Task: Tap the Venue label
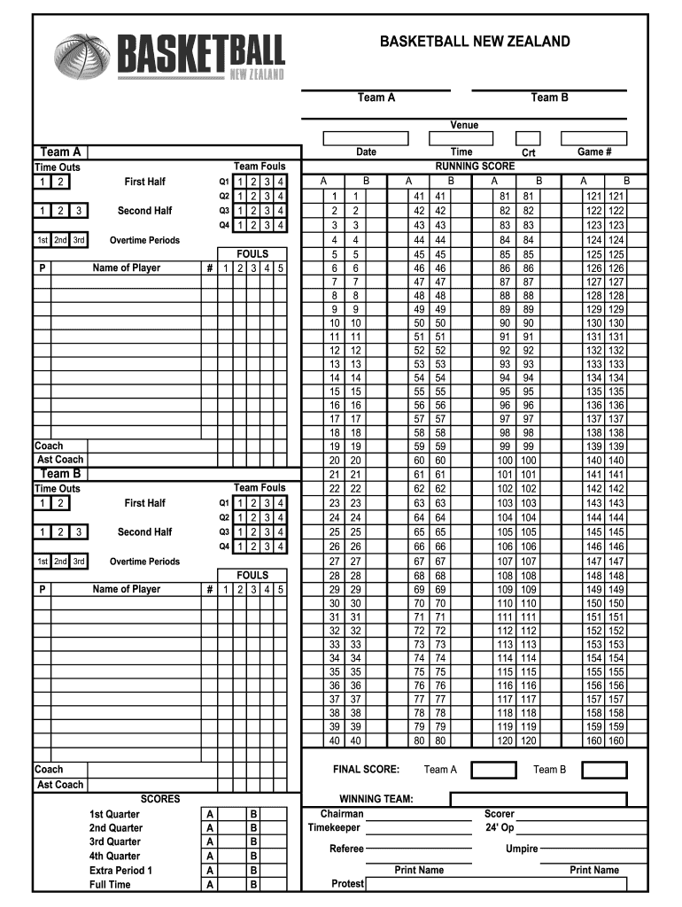(464, 125)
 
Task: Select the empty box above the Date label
(366, 138)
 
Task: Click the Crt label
(529, 153)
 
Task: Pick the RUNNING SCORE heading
(475, 167)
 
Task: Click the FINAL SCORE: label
(366, 770)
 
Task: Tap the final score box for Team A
(493, 770)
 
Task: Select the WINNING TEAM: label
(376, 799)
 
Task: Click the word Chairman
(342, 813)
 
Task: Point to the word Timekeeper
(334, 827)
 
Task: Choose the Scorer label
(500, 813)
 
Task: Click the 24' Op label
(500, 827)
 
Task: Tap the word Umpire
(522, 849)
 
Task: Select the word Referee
(346, 849)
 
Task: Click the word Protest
(348, 883)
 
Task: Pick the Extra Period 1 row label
(120, 871)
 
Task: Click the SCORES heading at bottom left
(160, 799)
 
